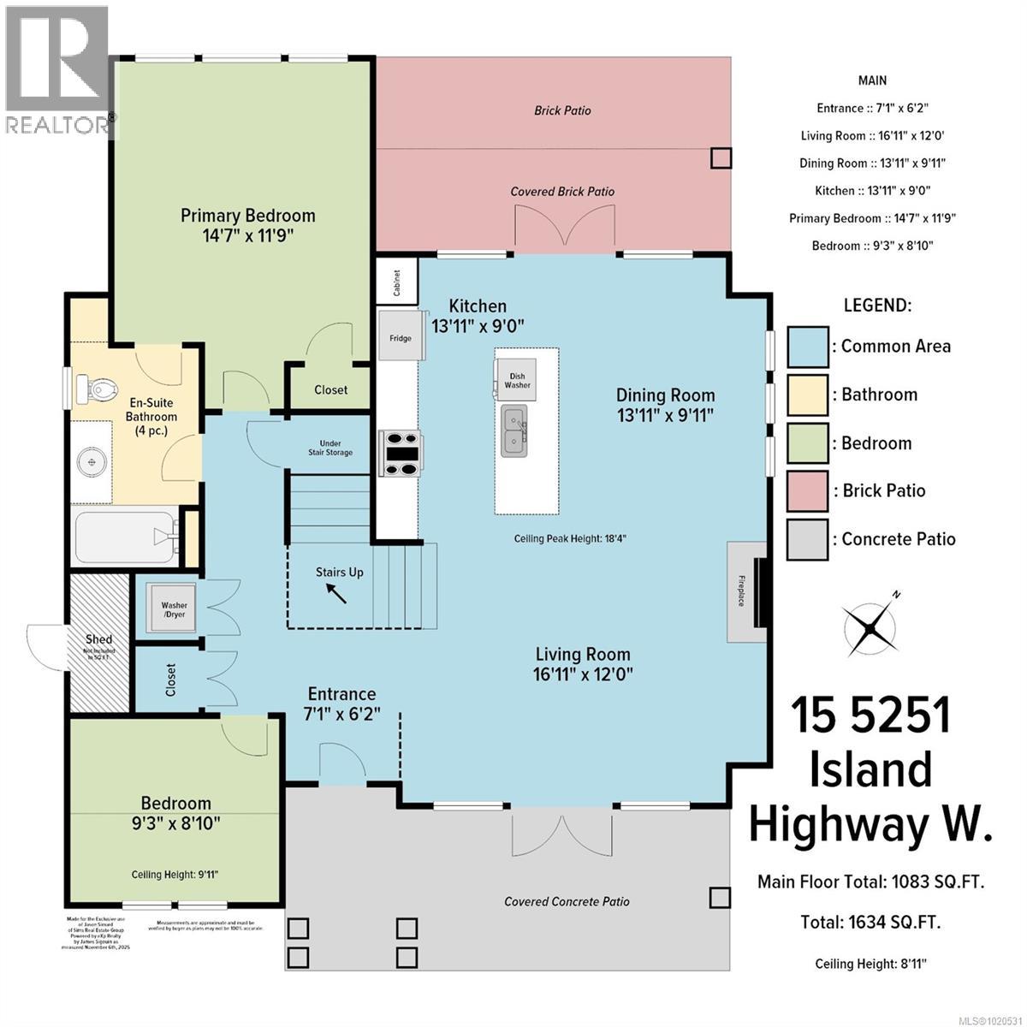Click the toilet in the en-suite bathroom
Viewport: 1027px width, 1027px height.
(x=95, y=389)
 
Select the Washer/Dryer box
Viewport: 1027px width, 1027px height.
(x=174, y=609)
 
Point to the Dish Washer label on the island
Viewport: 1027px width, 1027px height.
(x=517, y=379)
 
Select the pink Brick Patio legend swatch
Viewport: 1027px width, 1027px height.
(x=807, y=491)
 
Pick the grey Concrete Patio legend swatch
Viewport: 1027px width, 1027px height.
(x=807, y=539)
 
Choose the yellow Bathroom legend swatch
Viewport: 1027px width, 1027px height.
(x=807, y=395)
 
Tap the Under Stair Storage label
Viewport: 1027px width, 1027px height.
(x=331, y=448)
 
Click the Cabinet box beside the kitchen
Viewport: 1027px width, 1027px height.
(x=397, y=282)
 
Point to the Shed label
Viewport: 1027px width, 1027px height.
(x=98, y=639)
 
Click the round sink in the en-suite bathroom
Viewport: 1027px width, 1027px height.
(x=90, y=463)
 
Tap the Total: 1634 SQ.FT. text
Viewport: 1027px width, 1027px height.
(x=870, y=922)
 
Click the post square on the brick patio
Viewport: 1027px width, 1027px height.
(x=721, y=157)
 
